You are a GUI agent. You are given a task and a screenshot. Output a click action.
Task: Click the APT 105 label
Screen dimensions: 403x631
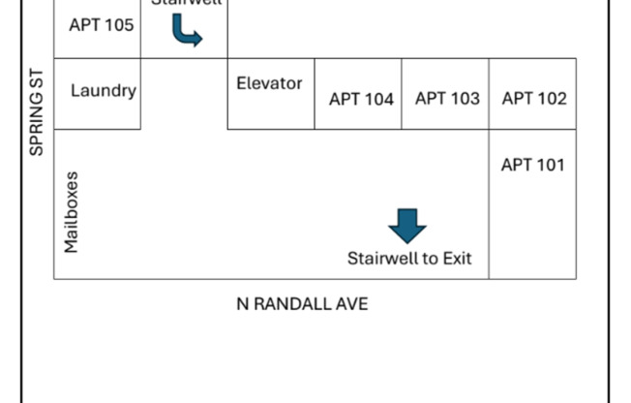click(x=102, y=24)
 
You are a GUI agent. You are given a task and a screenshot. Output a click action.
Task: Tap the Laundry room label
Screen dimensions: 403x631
click(x=104, y=91)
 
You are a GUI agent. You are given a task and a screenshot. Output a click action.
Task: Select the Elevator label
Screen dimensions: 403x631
click(x=269, y=83)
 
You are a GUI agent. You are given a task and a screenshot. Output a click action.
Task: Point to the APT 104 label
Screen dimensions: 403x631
click(x=361, y=98)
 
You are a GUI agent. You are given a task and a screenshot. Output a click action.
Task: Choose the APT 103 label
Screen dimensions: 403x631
click(x=447, y=98)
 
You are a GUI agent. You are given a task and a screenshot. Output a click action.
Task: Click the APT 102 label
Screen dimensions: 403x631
click(x=534, y=98)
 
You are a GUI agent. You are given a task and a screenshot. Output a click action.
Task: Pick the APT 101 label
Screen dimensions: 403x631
click(x=532, y=165)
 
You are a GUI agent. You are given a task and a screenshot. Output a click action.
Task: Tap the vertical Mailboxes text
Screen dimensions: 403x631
click(x=71, y=213)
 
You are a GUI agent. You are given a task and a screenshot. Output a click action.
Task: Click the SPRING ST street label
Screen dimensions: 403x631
click(x=37, y=111)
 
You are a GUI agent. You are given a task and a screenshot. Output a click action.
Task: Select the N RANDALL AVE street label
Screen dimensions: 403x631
click(x=302, y=303)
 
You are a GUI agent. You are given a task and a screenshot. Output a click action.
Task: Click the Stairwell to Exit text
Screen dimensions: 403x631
click(x=409, y=259)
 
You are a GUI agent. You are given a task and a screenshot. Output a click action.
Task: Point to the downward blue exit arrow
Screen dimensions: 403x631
click(x=407, y=227)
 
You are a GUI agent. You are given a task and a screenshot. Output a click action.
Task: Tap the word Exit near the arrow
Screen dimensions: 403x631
click(x=458, y=259)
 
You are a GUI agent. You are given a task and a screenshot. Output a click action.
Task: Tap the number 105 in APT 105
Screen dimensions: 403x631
click(x=118, y=24)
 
